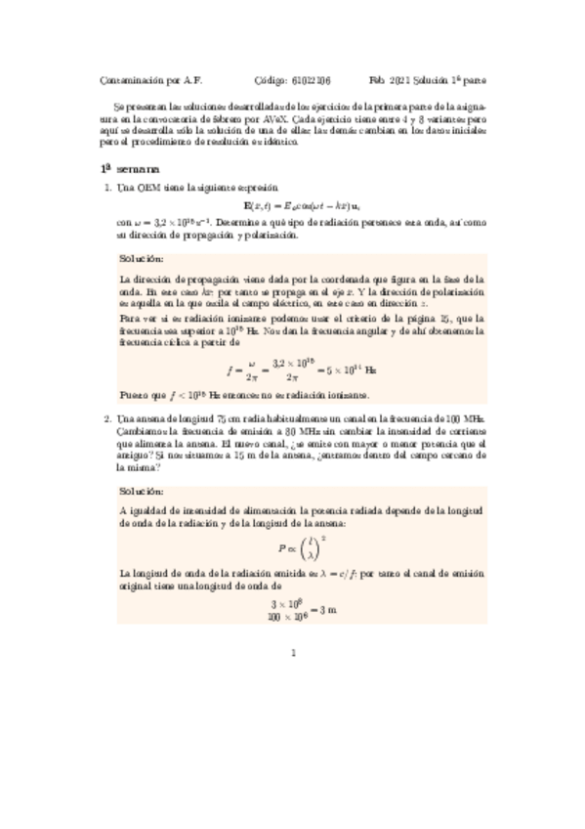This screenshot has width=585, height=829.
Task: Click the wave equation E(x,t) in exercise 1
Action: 293,204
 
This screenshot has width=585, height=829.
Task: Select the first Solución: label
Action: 142,260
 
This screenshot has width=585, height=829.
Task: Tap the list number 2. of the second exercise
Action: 107,419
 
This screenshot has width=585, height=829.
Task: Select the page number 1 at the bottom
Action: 293,656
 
